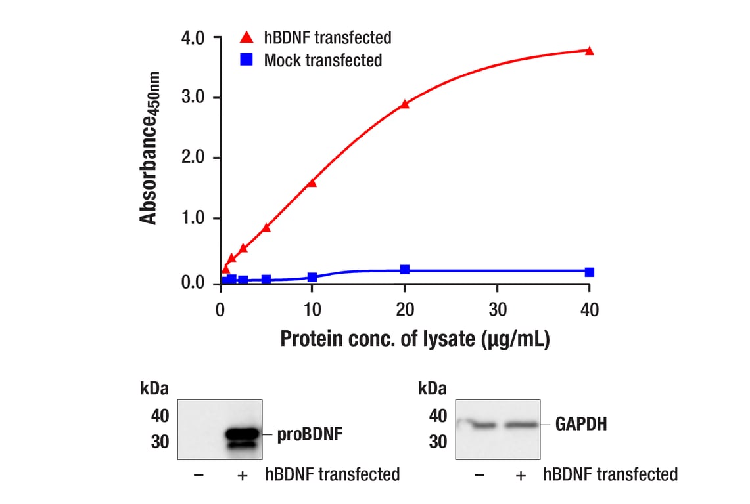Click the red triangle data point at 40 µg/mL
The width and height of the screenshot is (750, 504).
click(x=589, y=51)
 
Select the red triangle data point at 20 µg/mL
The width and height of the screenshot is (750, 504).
click(x=404, y=104)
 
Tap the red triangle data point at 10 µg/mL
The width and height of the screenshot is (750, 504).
click(x=312, y=182)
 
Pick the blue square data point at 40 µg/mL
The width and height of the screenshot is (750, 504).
click(x=589, y=272)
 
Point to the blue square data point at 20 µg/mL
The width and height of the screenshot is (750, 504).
click(x=404, y=270)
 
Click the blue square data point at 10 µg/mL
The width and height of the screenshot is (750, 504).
click(x=312, y=277)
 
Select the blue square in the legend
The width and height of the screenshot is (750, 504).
click(x=246, y=60)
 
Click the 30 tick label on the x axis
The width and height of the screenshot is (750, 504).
click(x=498, y=309)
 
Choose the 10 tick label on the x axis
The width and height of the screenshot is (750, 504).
click(x=312, y=309)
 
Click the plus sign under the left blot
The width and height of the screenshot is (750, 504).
click(x=242, y=474)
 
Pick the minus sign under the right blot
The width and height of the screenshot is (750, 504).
click(x=479, y=474)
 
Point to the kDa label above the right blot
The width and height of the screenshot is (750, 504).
click(x=433, y=389)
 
